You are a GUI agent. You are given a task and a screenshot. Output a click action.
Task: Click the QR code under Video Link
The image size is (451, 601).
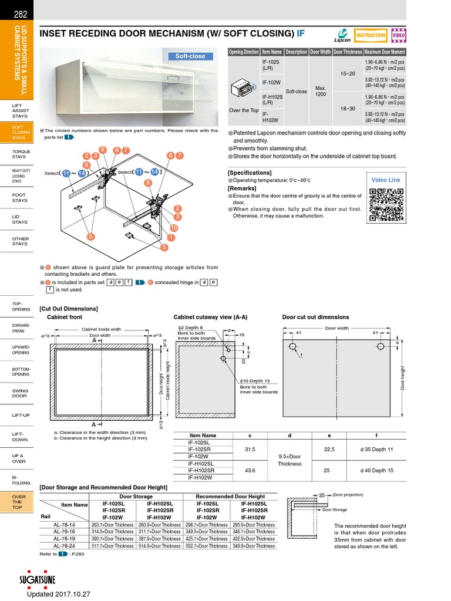pos(386,204)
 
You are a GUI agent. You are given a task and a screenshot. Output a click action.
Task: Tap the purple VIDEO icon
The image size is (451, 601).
pos(398,35)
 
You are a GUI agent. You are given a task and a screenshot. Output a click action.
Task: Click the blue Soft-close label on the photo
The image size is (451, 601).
pos(190,56)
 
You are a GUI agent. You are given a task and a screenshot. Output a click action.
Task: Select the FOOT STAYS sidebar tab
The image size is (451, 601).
pos(19,197)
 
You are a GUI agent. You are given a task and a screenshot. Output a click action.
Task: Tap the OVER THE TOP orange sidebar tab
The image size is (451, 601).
pos(19,502)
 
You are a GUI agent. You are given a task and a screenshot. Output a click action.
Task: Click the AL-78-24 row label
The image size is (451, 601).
pos(64,545)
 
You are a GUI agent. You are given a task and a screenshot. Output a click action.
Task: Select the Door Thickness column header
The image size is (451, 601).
pos(347,52)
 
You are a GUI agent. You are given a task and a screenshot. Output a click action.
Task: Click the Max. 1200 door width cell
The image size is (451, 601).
pos(321,92)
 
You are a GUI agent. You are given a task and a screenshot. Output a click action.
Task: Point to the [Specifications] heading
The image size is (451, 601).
pos(250,173)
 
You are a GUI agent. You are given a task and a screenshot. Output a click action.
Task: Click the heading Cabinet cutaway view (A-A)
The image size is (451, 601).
pos(210,317)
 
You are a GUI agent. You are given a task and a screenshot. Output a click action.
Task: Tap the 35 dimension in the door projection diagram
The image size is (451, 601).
pos(322,495)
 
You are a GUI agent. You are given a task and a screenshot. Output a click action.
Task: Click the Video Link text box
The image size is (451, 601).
pos(386,180)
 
